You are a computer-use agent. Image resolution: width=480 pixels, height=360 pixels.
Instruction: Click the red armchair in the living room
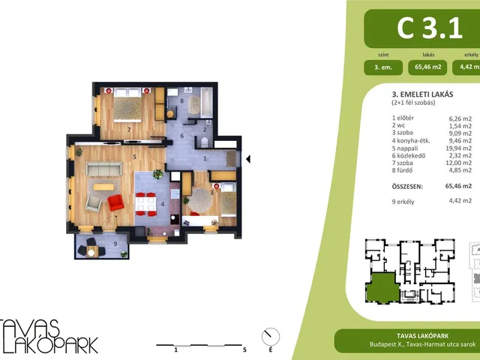[116, 202]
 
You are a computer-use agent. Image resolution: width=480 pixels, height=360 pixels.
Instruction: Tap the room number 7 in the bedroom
[129, 130]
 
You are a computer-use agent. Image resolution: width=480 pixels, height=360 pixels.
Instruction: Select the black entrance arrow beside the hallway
[248, 159]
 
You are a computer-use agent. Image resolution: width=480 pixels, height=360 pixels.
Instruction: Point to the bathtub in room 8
[206, 102]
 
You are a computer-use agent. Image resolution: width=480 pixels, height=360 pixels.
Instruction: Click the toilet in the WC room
[205, 142]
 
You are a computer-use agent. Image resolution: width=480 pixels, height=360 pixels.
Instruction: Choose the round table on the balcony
[91, 253]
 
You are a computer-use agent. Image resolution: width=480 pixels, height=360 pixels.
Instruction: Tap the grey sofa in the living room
[104, 169]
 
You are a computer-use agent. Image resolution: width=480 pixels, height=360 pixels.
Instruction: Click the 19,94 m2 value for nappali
[458, 148]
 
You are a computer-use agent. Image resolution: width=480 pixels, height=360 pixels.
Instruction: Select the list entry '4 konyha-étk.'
[411, 141]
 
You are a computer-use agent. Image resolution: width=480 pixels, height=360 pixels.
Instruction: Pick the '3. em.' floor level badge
[383, 67]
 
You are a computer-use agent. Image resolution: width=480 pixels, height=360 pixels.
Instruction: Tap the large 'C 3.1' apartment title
[430, 28]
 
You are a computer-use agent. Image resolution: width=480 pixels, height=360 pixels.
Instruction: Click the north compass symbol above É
[271, 337]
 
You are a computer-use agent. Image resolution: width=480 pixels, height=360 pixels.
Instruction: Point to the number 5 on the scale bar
[244, 349]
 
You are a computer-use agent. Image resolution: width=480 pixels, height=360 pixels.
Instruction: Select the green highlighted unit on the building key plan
[383, 287]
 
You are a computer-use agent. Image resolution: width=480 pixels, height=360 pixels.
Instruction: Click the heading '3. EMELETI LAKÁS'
[422, 94]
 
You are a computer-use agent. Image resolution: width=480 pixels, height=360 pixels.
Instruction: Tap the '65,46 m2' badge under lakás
[427, 67]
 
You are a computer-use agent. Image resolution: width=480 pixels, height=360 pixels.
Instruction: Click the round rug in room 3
[199, 200]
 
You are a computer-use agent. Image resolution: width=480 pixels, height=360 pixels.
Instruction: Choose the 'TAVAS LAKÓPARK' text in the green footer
[422, 336]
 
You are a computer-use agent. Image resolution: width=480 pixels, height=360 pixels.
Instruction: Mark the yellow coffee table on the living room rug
[103, 187]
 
